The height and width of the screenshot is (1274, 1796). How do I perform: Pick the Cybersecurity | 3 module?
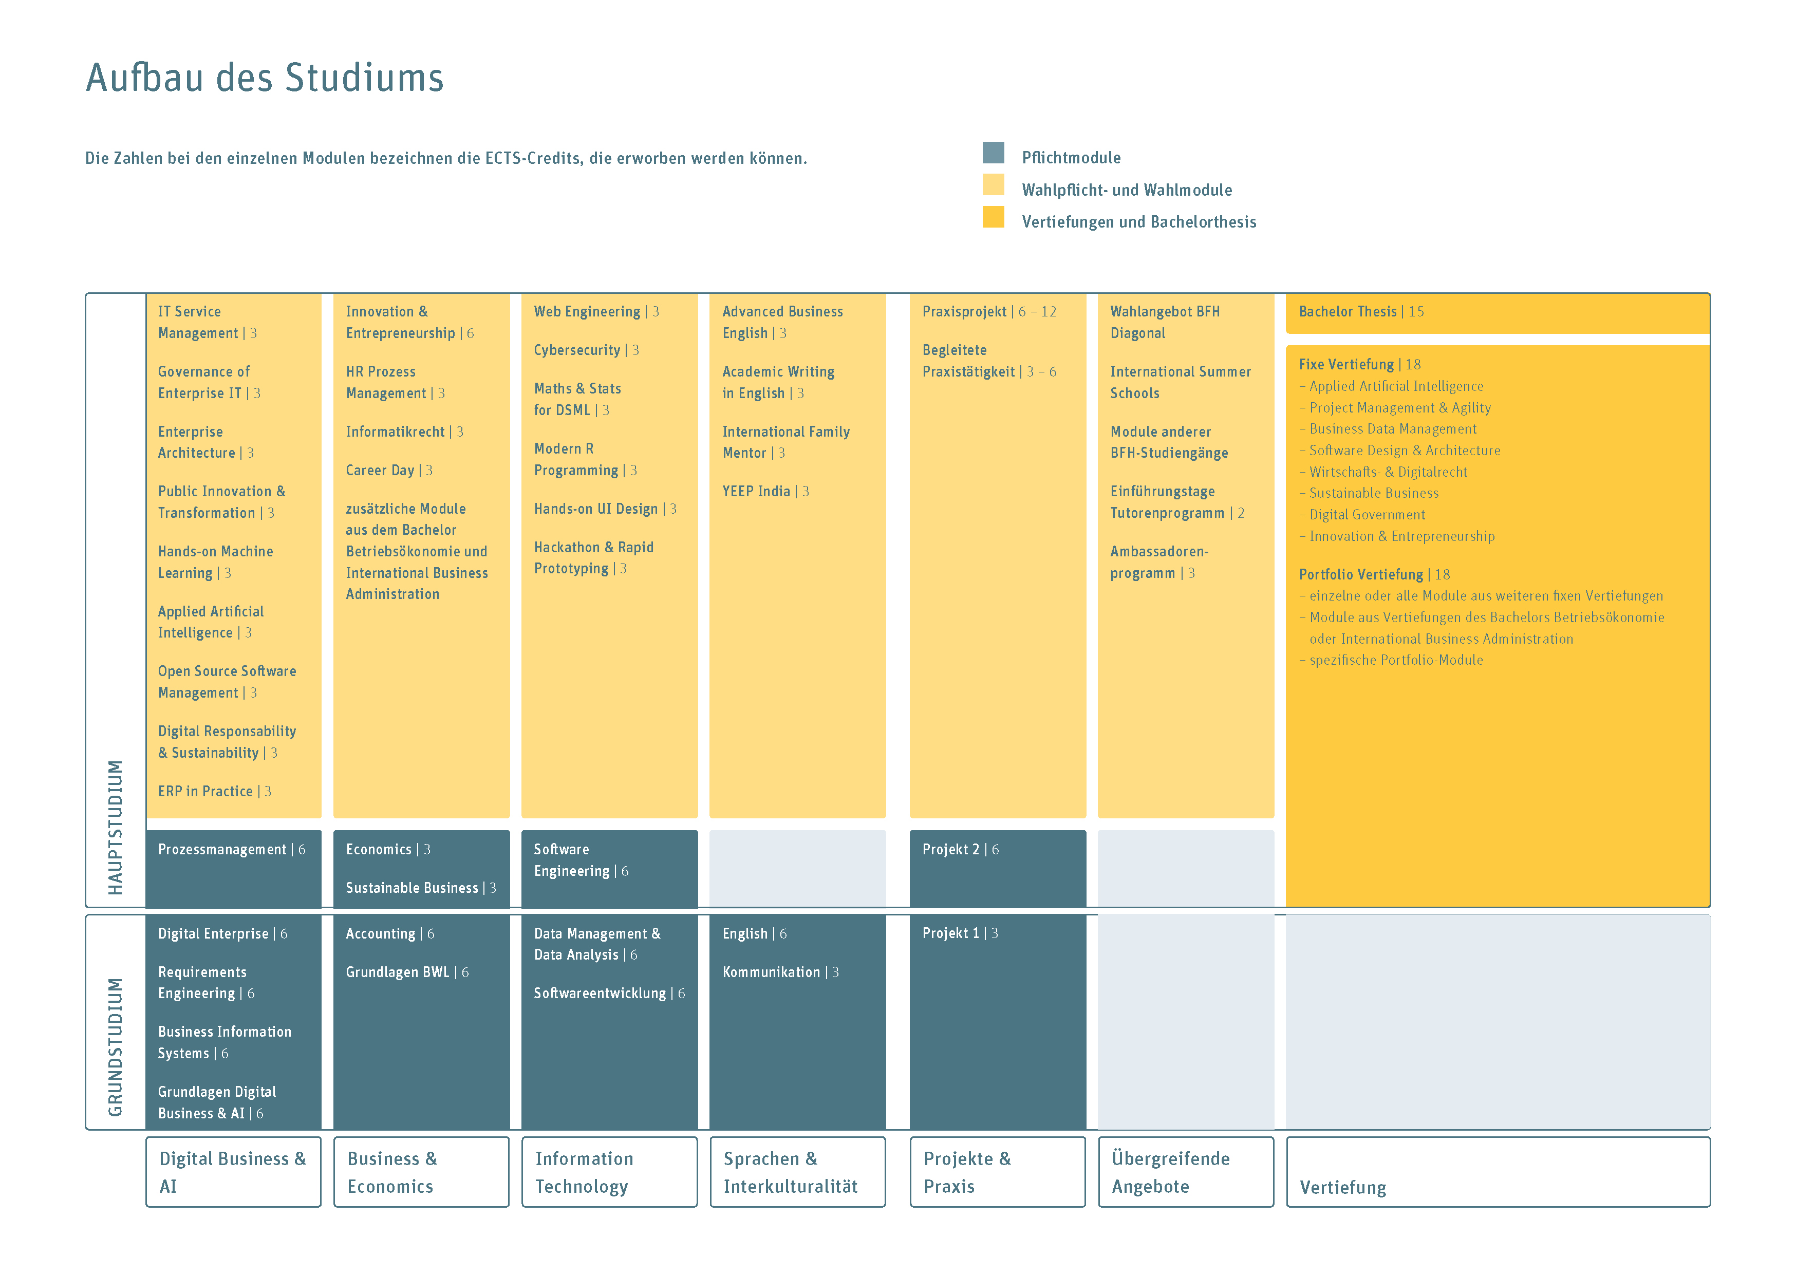(x=586, y=350)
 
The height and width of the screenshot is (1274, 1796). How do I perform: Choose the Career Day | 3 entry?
(x=389, y=470)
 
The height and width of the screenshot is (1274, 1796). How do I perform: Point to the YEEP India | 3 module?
(x=764, y=491)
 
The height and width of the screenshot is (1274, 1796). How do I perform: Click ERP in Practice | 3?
(x=214, y=791)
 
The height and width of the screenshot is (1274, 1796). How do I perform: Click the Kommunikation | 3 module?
(x=779, y=972)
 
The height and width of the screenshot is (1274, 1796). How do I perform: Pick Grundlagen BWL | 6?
(x=407, y=972)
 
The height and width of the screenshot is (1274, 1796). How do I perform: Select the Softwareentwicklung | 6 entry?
(x=609, y=993)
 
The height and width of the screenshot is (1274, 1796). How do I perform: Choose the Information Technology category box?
(x=609, y=1172)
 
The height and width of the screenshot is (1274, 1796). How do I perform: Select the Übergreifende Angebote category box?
(x=1185, y=1172)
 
